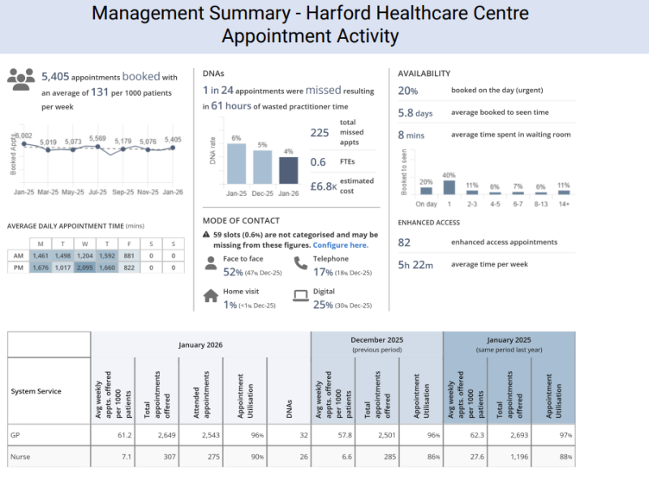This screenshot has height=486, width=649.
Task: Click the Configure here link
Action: pos(340,245)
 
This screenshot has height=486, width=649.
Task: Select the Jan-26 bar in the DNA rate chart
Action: pos(288,170)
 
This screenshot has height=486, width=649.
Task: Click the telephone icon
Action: pos(300,263)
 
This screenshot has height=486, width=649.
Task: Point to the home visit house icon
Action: pos(210,296)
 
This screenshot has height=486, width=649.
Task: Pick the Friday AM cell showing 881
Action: pos(128,256)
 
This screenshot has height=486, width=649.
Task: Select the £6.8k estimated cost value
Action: pos(323,185)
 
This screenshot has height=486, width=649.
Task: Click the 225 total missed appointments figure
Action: pos(320,134)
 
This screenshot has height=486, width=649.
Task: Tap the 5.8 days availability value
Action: pos(415,113)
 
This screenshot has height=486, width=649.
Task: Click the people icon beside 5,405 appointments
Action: pos(21,78)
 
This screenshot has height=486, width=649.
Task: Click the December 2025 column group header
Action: pos(376,345)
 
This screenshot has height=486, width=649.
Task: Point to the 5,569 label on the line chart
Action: pos(97,139)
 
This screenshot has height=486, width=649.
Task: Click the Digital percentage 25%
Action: pos(323,305)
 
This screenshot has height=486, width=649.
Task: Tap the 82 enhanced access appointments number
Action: pos(404,241)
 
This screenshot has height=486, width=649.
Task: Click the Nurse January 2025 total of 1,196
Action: pos(509,457)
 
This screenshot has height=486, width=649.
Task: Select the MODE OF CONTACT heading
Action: pos(241,220)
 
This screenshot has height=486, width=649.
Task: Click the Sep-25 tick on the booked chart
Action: pos(123,193)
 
